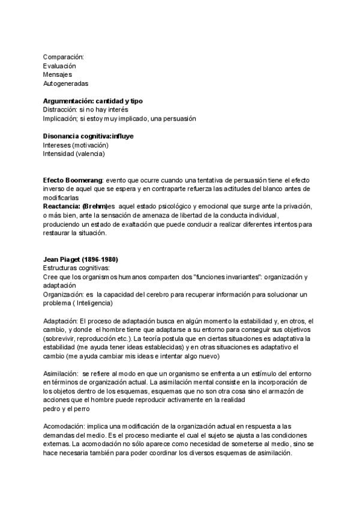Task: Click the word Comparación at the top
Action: tap(64, 56)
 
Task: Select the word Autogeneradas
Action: tap(65, 83)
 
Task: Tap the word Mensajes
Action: tap(58, 74)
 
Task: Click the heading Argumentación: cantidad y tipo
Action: tap(92, 101)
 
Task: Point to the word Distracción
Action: tap(59, 110)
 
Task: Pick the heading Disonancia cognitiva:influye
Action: tap(88, 136)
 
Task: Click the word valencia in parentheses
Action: tap(89, 154)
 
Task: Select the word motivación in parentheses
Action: tap(87, 145)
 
